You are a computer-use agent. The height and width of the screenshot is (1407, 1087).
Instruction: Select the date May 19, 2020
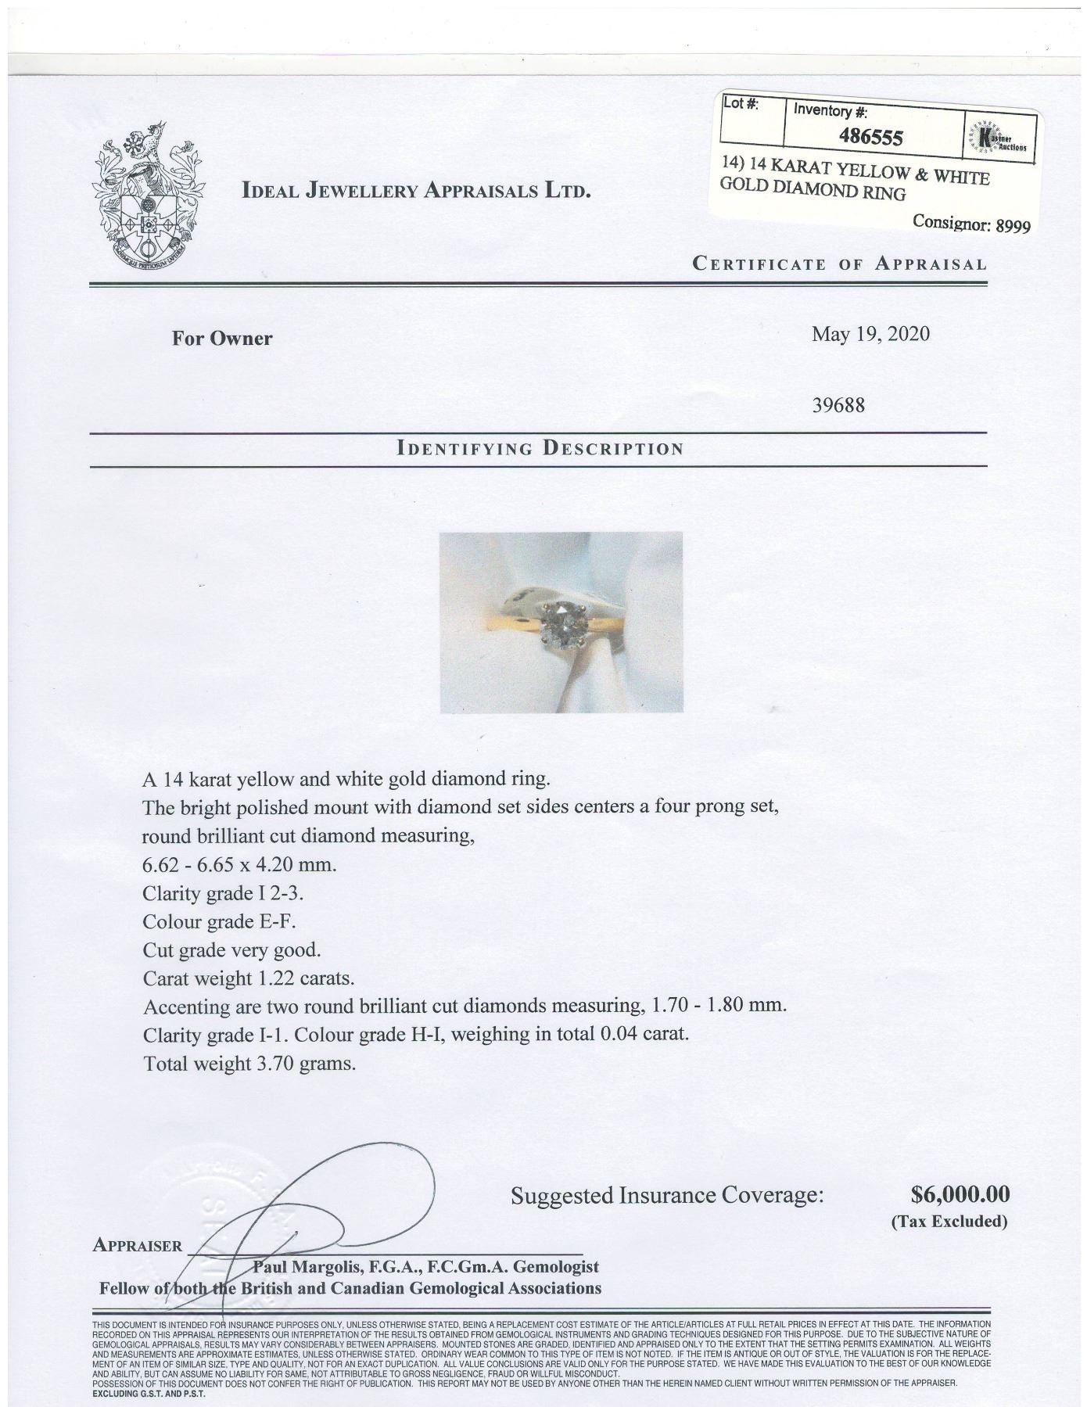click(870, 334)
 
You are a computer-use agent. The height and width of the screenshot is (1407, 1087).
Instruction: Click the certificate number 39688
click(839, 406)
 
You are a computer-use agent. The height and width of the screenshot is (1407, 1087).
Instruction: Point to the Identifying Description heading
click(540, 449)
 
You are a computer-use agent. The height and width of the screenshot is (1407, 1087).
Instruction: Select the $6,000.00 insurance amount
click(960, 1194)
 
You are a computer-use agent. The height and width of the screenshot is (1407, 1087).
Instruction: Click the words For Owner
click(222, 339)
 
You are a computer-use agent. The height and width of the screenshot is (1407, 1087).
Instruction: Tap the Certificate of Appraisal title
click(839, 264)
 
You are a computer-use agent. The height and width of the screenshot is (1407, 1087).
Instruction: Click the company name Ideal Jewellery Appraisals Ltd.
click(417, 190)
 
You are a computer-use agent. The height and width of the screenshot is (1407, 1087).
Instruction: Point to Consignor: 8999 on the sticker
click(971, 224)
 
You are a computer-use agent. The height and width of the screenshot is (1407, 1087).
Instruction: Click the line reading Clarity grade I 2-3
click(222, 892)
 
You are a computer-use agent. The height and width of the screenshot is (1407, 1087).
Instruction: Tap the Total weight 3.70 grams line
click(249, 1064)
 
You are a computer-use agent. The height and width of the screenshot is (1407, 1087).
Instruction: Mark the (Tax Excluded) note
click(949, 1221)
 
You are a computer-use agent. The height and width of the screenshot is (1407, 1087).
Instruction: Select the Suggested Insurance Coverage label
click(667, 1195)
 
